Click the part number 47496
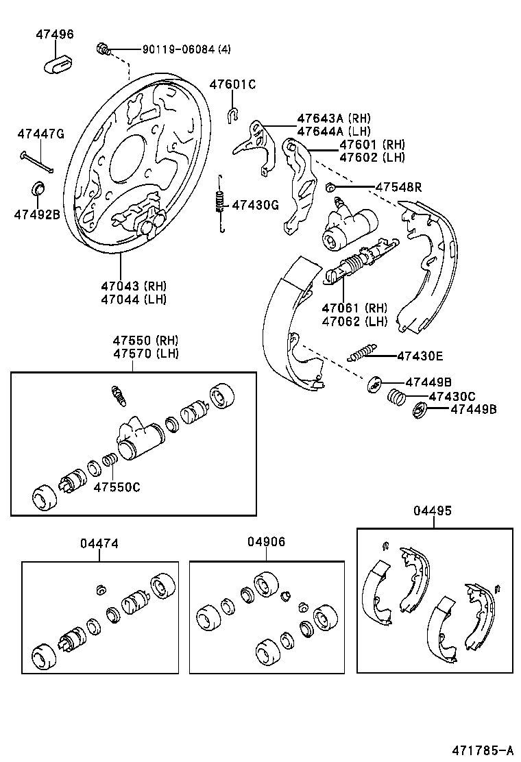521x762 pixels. (x=55, y=34)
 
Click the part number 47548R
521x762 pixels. (x=398, y=187)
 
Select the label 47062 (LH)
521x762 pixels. (x=354, y=321)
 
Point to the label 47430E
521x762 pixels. (x=420, y=356)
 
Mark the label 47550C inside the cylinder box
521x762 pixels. (x=117, y=487)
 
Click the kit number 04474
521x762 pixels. (x=99, y=543)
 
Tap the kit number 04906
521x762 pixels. (x=266, y=541)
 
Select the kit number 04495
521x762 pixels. (x=433, y=511)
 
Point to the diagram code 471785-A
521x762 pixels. (x=483, y=749)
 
